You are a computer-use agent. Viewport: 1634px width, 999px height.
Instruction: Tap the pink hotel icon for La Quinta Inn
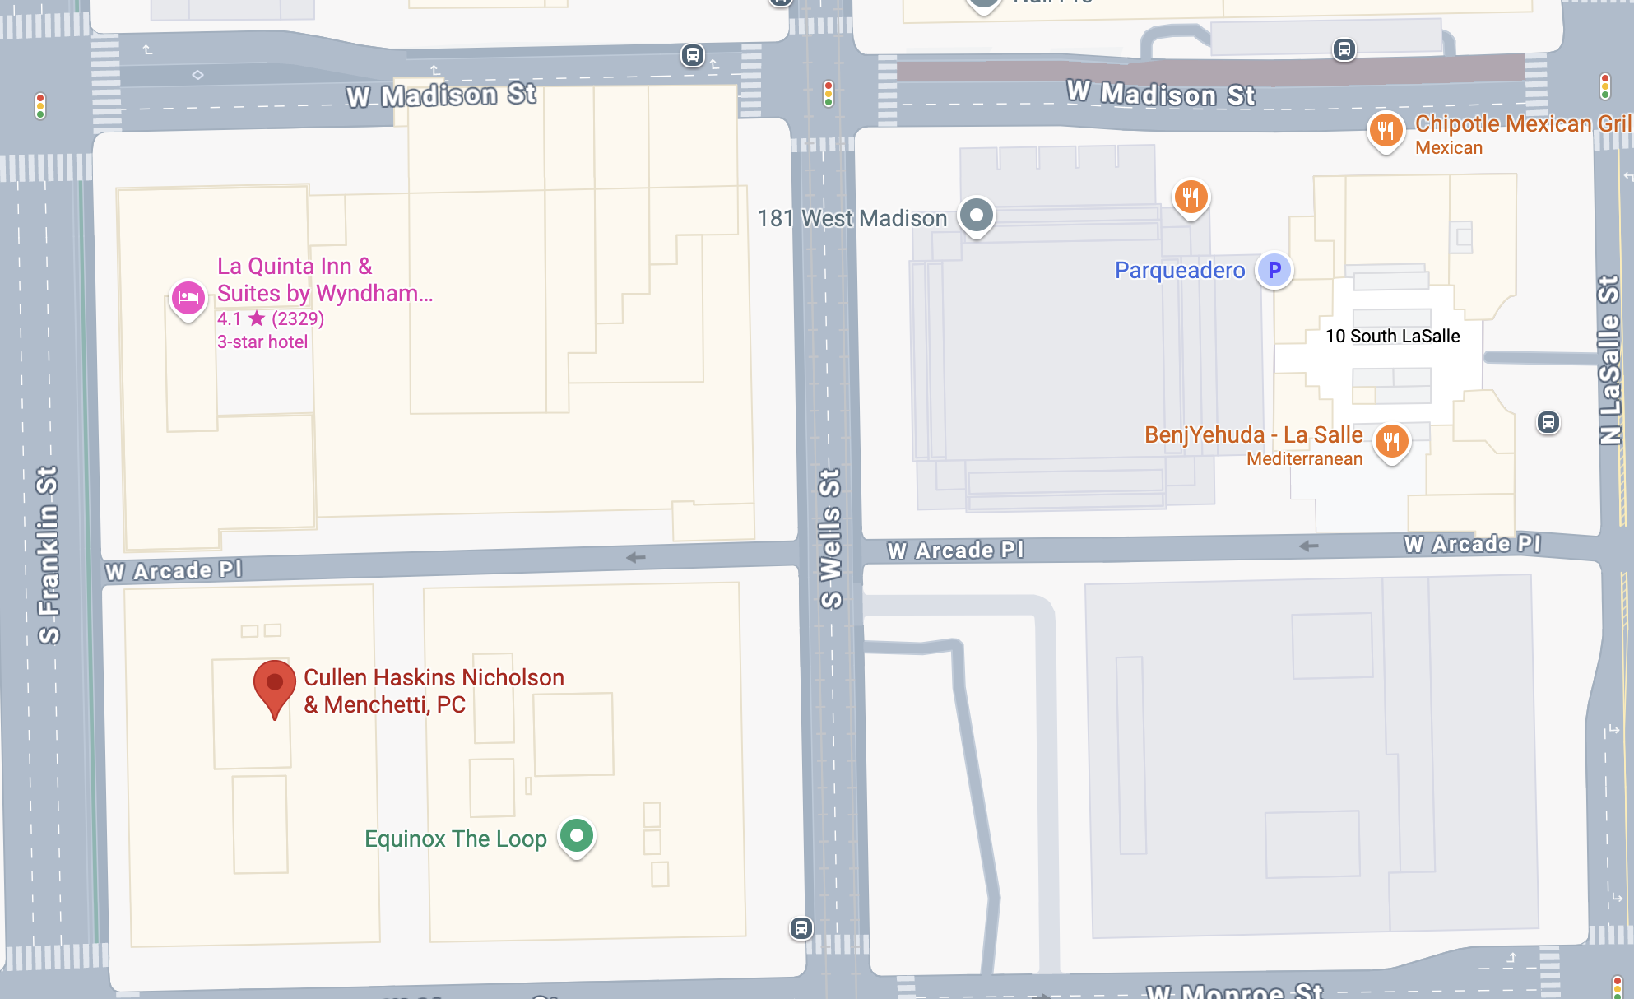point(188,299)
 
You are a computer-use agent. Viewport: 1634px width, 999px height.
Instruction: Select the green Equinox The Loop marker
point(577,836)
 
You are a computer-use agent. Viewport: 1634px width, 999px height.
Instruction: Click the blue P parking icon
point(1274,270)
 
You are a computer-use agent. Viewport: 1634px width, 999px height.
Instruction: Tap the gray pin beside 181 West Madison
point(977,216)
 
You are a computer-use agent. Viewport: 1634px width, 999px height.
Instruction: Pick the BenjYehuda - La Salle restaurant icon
point(1391,442)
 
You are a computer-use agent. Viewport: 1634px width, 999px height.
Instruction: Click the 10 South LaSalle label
point(1392,336)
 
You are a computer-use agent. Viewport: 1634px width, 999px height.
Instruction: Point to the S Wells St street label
point(831,538)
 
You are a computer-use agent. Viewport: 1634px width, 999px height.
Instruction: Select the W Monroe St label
point(1234,991)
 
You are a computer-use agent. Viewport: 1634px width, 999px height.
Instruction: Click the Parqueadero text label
point(1179,270)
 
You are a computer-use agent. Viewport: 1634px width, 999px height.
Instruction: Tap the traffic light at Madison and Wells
point(829,94)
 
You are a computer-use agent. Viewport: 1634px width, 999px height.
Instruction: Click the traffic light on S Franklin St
point(39,105)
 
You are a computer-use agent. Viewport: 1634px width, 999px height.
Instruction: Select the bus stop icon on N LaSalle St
point(1548,423)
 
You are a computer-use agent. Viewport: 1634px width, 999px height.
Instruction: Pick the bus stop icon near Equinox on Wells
point(801,928)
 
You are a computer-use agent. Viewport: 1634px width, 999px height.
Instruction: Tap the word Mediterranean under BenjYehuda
point(1304,459)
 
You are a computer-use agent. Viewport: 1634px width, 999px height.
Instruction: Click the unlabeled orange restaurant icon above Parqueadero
point(1191,197)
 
